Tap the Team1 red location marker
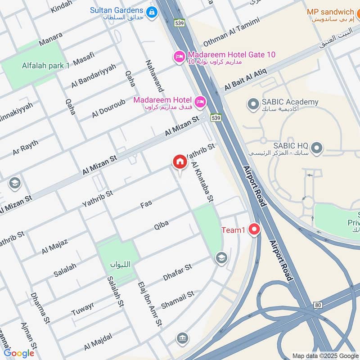coord(255,230)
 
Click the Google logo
coord(19,353)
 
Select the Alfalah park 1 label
coord(46,66)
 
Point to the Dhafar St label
coord(177,274)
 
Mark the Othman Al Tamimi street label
coord(231,32)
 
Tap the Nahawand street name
coord(153,75)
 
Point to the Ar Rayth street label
coord(25,148)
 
